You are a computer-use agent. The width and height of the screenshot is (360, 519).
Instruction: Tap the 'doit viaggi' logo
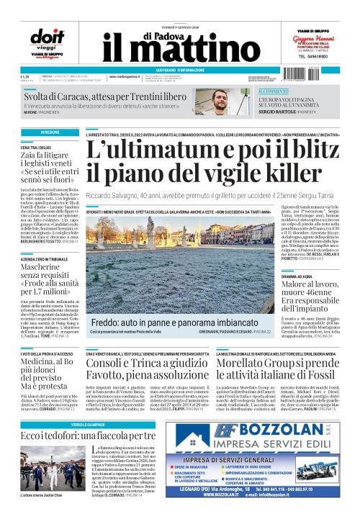coord(45,42)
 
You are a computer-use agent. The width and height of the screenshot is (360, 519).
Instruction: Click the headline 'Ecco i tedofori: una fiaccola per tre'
coord(88,435)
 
